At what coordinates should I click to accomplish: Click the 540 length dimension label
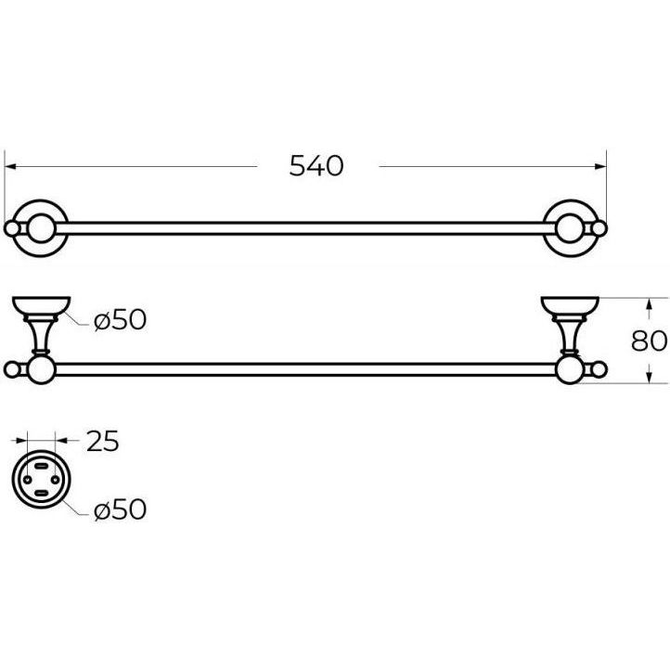[x=316, y=166]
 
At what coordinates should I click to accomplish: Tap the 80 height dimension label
[x=649, y=341]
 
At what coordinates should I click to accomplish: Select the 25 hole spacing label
[x=103, y=441]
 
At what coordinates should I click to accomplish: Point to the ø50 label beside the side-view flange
[x=120, y=319]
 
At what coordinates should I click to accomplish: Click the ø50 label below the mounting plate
[x=120, y=509]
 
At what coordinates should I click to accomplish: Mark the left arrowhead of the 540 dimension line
[x=10, y=166]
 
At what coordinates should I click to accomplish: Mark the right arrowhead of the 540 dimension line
[x=600, y=166]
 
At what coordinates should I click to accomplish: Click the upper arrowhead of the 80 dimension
[x=649, y=304]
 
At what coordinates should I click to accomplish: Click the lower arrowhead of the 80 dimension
[x=649, y=377]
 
